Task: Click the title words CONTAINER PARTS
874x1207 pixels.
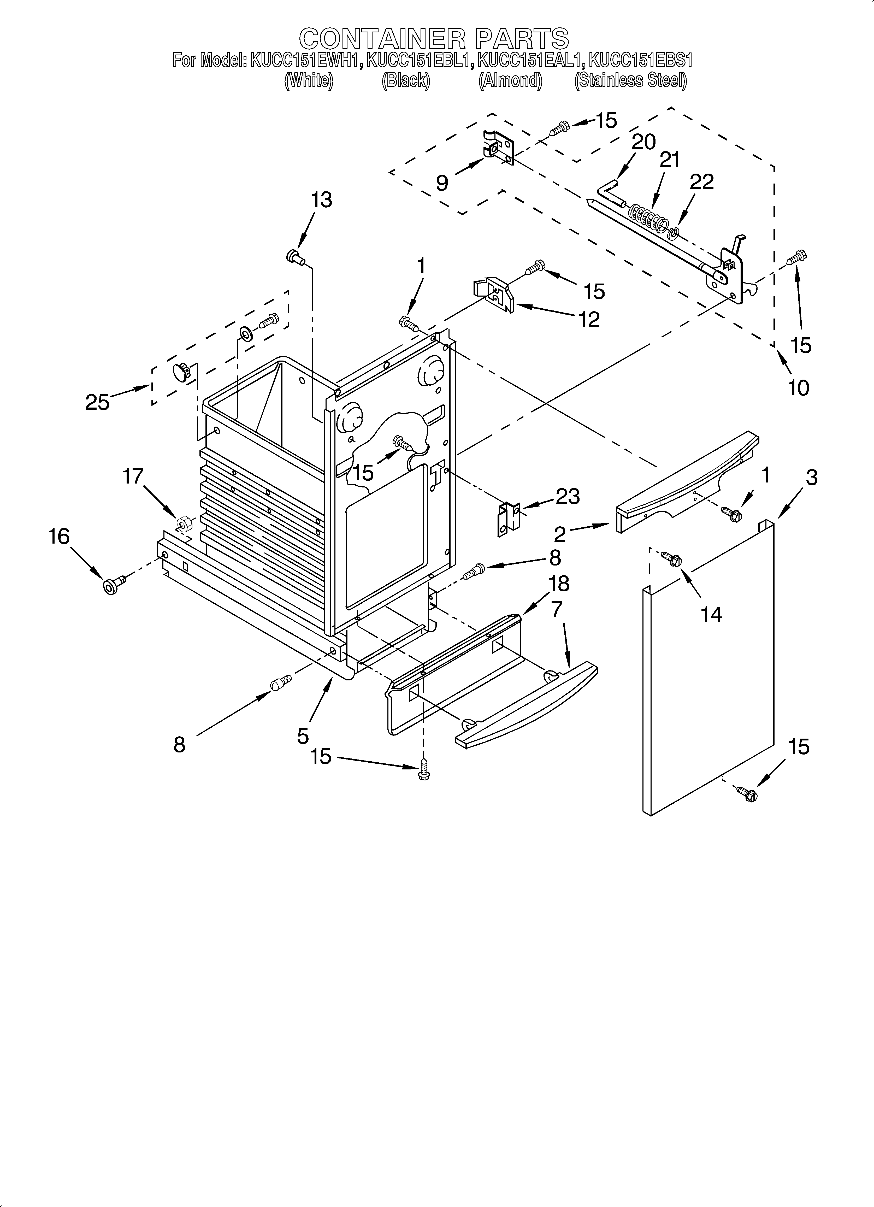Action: (x=434, y=38)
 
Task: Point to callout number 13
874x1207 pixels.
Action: (x=322, y=200)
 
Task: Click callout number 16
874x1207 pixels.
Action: (x=59, y=537)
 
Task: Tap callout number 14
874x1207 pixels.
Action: (x=711, y=615)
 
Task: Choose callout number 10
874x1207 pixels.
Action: (x=798, y=388)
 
